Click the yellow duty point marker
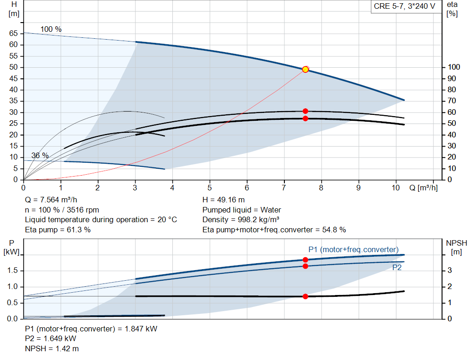(305, 70)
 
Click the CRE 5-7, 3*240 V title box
(405, 6)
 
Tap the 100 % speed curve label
(51, 29)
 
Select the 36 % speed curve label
(40, 155)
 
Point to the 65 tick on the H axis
(13, 33)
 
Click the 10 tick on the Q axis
(395, 188)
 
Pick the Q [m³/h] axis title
(423, 188)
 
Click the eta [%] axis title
(452, 9)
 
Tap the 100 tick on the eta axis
(454, 67)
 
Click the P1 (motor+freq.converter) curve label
(354, 249)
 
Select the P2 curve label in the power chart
(397, 268)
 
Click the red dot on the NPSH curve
(305, 296)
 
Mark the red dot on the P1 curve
(305, 260)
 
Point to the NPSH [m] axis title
(456, 248)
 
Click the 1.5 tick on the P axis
(12, 270)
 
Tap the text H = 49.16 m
(224, 200)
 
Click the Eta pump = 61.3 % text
(58, 230)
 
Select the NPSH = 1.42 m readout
(52, 348)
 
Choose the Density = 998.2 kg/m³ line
(241, 220)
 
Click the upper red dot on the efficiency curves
(305, 111)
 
